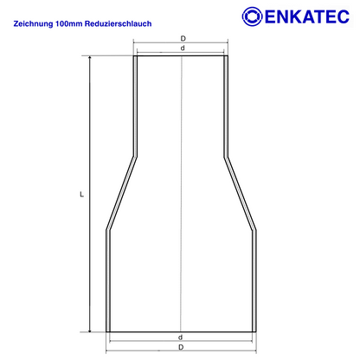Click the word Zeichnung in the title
click(33, 23)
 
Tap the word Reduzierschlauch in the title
click(119, 23)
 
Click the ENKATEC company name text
click(307, 16)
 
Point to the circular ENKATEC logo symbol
click(252, 16)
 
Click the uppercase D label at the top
click(183, 38)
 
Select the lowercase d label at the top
click(183, 48)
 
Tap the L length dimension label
click(82, 195)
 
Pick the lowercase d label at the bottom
click(180, 337)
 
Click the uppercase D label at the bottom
click(181, 347)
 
